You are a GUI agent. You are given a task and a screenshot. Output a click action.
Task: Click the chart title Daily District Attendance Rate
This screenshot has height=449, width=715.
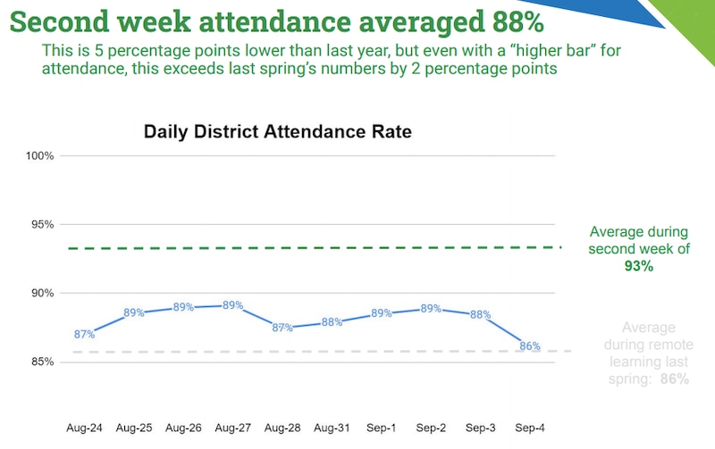[x=277, y=132]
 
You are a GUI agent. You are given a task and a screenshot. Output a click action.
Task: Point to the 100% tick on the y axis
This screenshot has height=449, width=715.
[x=40, y=156]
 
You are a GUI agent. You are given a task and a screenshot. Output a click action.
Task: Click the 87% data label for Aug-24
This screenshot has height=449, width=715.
[x=85, y=335]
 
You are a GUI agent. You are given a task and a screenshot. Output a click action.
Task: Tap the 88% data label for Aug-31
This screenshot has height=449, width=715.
[x=332, y=322]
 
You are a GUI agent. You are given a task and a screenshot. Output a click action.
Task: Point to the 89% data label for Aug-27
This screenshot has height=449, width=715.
[x=233, y=305]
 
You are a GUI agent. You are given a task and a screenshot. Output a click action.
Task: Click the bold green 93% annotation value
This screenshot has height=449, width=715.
[x=639, y=266]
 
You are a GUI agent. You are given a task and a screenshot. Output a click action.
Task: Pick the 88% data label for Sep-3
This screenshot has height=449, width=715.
[x=481, y=314]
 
